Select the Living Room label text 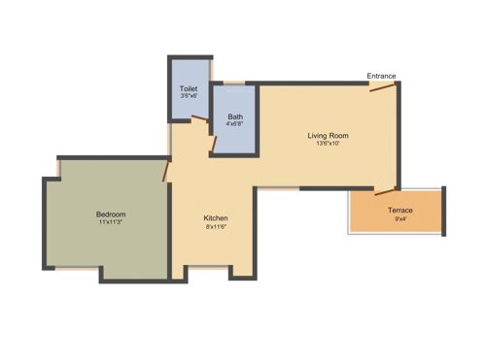click(x=328, y=135)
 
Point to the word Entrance click(x=381, y=76)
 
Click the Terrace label click(x=400, y=210)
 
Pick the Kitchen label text click(x=216, y=218)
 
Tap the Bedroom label click(x=111, y=214)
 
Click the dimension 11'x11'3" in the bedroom click(x=111, y=222)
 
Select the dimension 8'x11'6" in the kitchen click(x=216, y=227)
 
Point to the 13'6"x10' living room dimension click(x=328, y=144)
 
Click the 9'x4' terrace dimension click(x=400, y=218)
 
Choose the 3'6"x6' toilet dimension click(x=189, y=97)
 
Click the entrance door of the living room click(x=383, y=90)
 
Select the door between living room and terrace click(x=386, y=191)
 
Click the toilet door click(x=199, y=119)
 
